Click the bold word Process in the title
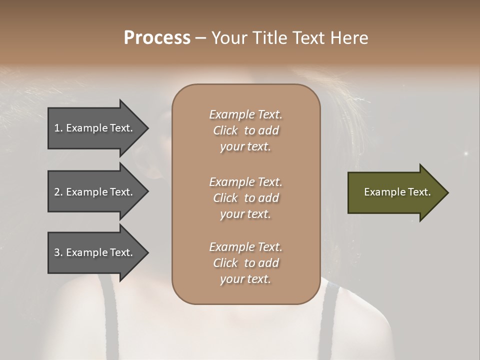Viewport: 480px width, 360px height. pos(157,38)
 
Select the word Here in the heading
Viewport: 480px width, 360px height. pos(349,38)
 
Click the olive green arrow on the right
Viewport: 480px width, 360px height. pos(395,192)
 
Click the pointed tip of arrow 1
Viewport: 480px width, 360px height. pos(147,128)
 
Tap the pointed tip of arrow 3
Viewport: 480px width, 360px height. pos(147,252)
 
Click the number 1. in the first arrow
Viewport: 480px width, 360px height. pos(58,128)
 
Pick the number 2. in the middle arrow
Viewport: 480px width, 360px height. pos(58,192)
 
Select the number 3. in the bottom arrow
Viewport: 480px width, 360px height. pos(58,252)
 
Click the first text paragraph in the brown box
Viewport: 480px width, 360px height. pos(245,130)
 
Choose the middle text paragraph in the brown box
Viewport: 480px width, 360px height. pos(245,198)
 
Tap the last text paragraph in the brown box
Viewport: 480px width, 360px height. pos(245,263)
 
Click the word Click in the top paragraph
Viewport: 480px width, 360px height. pos(225,130)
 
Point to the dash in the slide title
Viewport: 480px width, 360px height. pos(200,38)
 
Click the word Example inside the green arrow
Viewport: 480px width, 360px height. pos(381,192)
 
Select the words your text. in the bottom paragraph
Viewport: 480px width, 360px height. pos(245,279)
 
